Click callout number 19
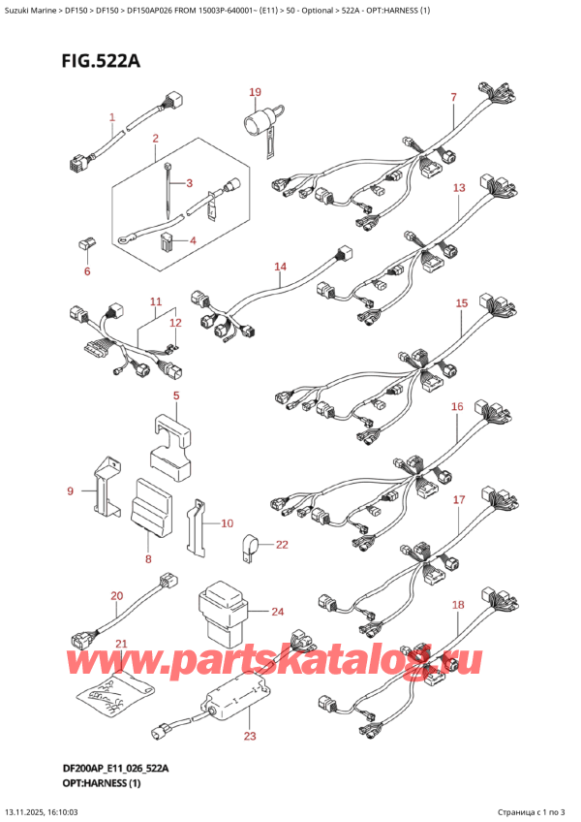255,93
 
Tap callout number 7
453,97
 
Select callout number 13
458,187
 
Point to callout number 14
280,267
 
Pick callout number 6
86,271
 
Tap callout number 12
175,323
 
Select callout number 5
176,395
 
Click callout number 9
70,492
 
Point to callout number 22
282,545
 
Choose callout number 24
277,612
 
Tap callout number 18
458,605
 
